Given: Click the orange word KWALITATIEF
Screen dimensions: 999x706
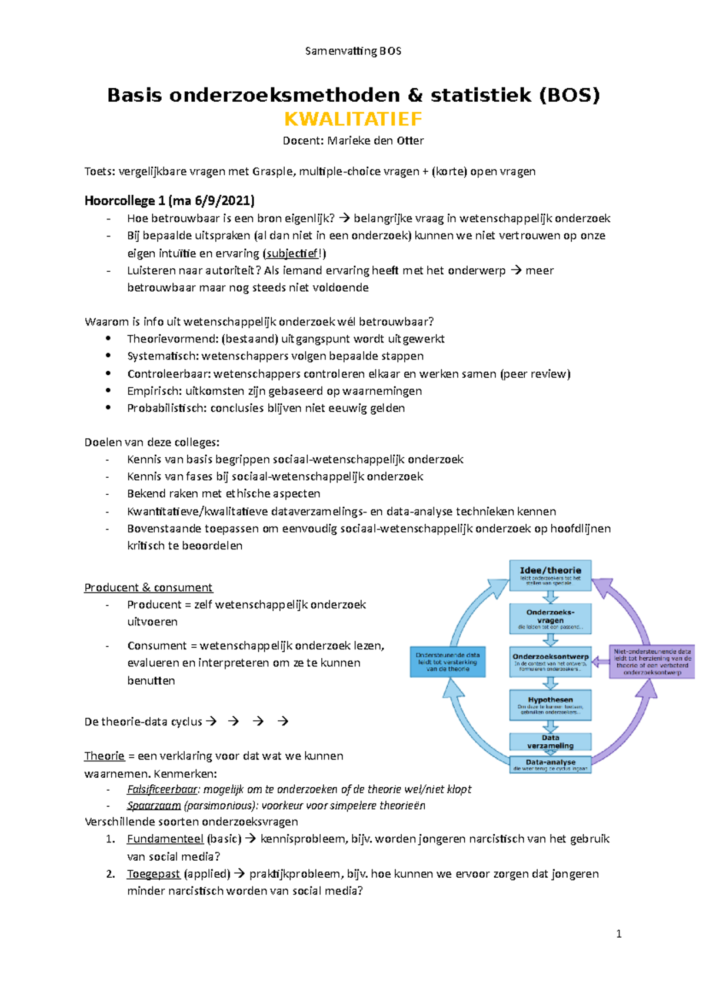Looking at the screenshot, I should coord(353,119).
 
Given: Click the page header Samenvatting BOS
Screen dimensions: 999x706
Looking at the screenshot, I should coord(353,51).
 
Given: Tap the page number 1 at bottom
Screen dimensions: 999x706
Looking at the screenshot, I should coord(618,934).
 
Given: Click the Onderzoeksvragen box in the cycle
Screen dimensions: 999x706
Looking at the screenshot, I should coord(550,618).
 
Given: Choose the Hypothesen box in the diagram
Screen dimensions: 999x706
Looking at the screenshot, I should coord(550,705).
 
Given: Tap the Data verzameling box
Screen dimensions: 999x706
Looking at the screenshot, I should coord(550,741).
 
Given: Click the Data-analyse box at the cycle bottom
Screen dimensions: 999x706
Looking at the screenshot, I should coord(550,764).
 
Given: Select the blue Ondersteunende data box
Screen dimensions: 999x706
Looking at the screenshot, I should coord(448,661).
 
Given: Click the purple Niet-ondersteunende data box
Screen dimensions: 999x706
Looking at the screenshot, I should coord(652,661).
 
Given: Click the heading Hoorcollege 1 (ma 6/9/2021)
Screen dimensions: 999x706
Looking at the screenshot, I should coord(169,201).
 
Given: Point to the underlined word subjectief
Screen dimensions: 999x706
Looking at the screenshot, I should coord(291,254).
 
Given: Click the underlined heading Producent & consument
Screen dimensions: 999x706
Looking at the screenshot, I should coord(148,587).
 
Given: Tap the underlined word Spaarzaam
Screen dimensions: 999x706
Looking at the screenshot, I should coord(154,805).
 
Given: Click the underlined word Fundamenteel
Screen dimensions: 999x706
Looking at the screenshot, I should coord(165,839).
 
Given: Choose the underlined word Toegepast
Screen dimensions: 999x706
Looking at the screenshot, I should coord(154,874).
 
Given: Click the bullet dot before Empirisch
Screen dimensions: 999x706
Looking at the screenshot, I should coord(108,390).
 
